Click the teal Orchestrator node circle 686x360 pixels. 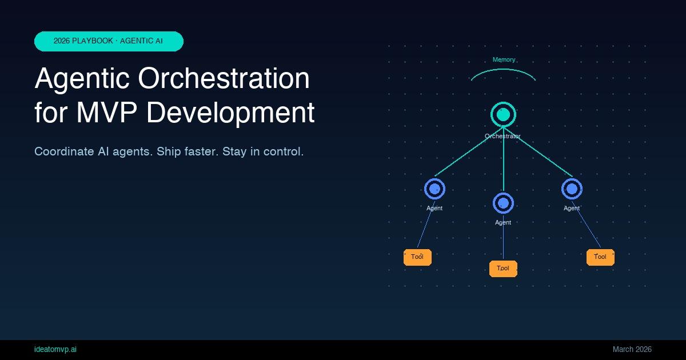click(x=503, y=115)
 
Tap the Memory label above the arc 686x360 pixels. click(x=504, y=59)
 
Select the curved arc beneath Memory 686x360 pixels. click(x=503, y=70)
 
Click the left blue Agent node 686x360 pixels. click(x=434, y=189)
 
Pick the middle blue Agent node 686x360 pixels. click(x=503, y=203)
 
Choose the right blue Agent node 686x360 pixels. click(x=572, y=189)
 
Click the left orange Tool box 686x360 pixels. click(x=417, y=257)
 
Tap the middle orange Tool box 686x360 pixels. click(x=503, y=269)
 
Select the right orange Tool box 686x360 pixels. click(x=600, y=257)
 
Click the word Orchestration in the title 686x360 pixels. click(x=224, y=78)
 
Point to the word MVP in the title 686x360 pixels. click(x=106, y=112)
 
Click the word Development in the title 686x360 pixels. click(x=230, y=112)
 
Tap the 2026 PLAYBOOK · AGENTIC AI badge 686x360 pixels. click(x=109, y=41)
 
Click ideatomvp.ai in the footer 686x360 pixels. click(x=55, y=349)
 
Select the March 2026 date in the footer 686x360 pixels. click(x=632, y=349)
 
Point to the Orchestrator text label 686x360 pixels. click(x=502, y=136)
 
